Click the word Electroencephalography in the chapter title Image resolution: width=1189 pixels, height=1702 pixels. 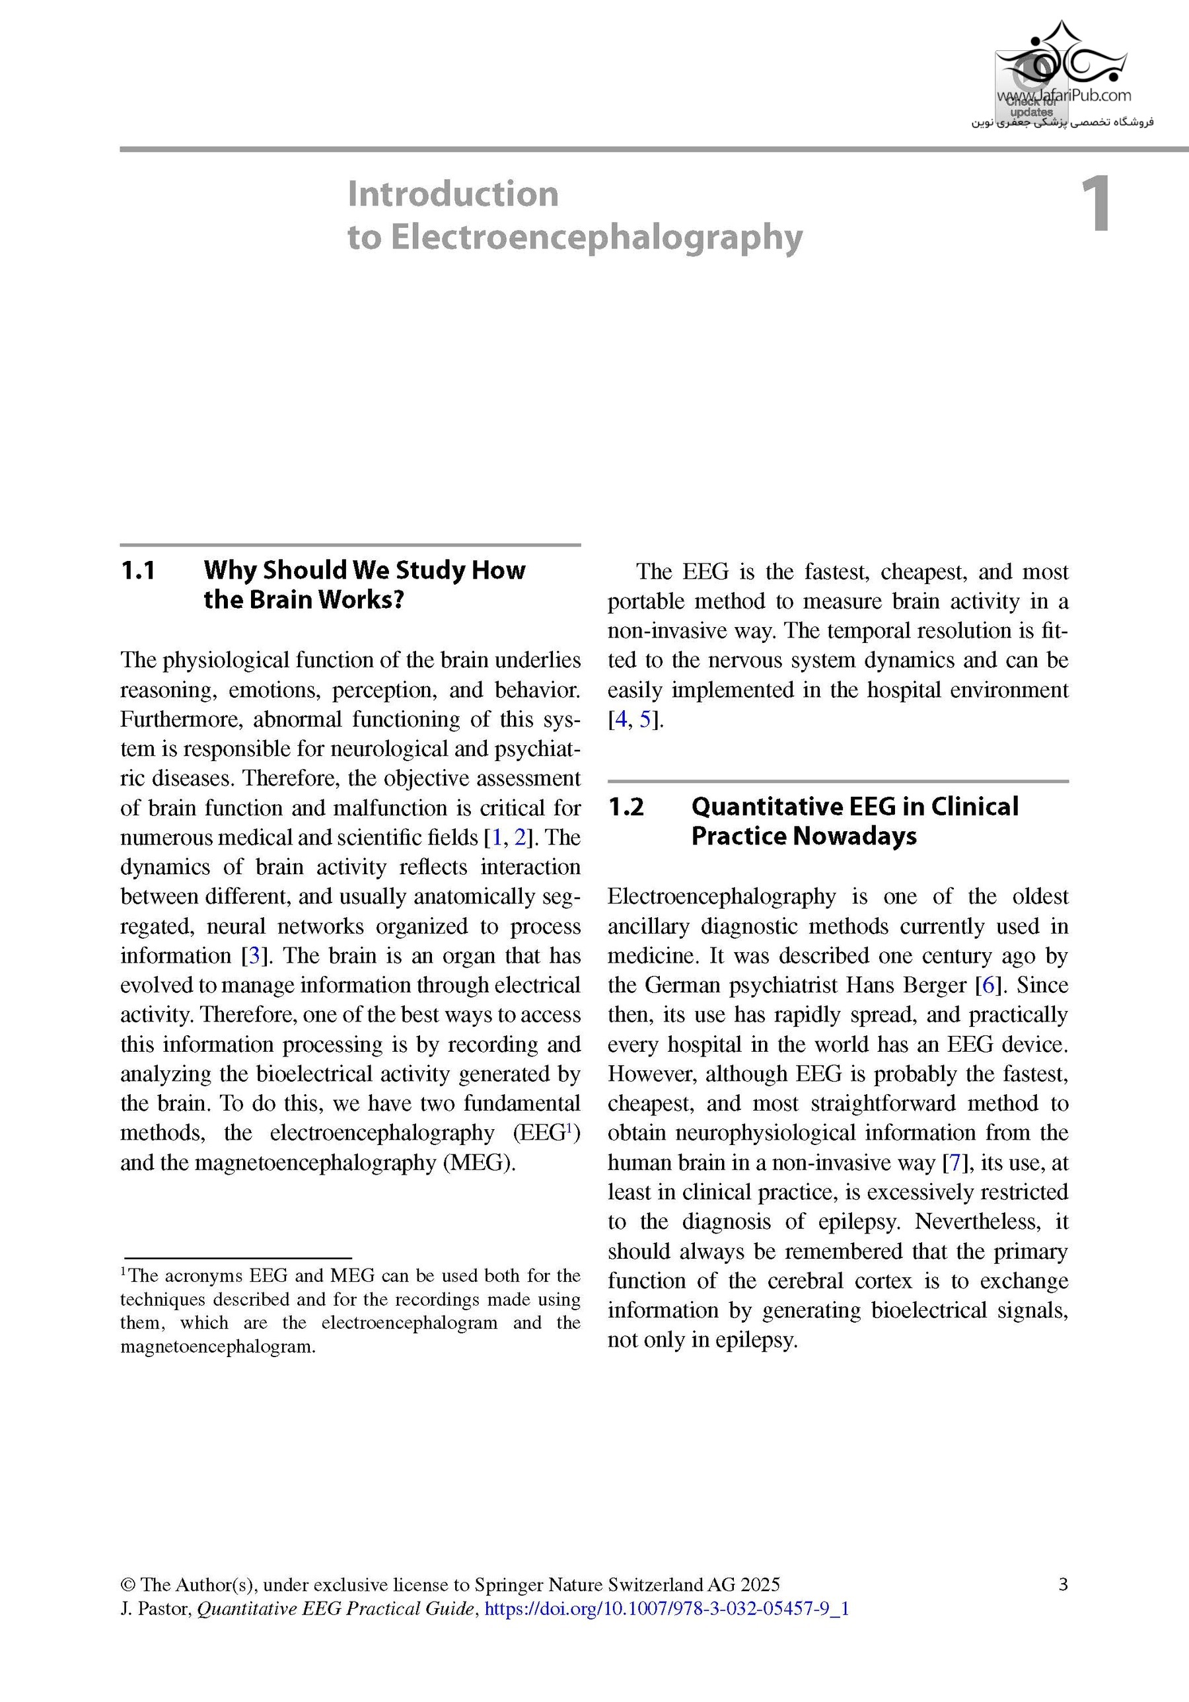pyautogui.click(x=596, y=238)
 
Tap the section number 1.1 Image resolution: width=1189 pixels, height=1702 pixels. pyautogui.click(x=138, y=571)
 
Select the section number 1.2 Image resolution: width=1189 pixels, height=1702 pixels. pyautogui.click(x=626, y=807)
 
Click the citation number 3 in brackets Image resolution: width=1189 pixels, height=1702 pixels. pyautogui.click(x=254, y=955)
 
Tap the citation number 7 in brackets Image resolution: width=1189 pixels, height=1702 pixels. pyautogui.click(x=955, y=1162)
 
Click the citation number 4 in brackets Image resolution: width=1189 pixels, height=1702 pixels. pyautogui.click(x=620, y=719)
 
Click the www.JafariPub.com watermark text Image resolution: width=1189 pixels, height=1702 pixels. pyautogui.click(x=1063, y=96)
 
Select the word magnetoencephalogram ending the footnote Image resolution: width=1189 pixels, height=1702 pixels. pyautogui.click(x=217, y=1347)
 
